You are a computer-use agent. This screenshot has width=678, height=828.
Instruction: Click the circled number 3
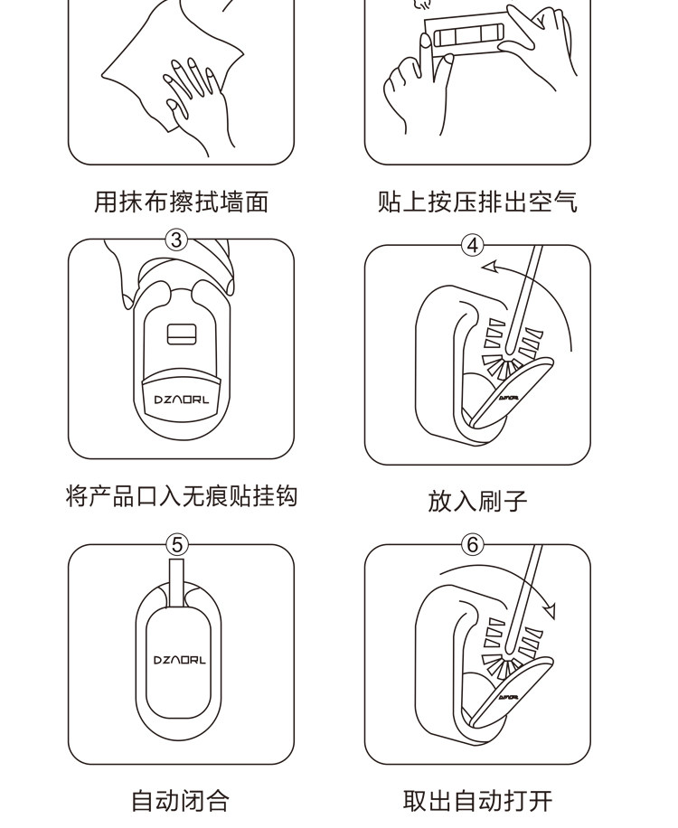click(x=177, y=240)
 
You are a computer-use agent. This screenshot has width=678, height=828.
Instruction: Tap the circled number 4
click(x=473, y=246)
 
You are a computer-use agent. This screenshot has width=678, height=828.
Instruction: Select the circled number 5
click(x=177, y=544)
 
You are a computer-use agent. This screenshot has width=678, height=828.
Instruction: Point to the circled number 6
click(x=473, y=544)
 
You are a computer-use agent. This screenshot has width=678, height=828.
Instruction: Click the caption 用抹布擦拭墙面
click(x=182, y=202)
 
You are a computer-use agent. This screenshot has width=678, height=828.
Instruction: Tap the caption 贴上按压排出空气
click(x=478, y=202)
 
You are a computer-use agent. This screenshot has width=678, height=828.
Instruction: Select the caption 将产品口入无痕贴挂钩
click(x=182, y=496)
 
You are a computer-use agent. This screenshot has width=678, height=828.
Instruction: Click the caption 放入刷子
click(x=478, y=501)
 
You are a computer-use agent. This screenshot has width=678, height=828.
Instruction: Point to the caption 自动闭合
click(x=181, y=801)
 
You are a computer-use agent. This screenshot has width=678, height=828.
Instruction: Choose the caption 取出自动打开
click(x=478, y=801)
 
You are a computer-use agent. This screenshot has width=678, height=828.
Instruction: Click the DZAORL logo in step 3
click(x=181, y=400)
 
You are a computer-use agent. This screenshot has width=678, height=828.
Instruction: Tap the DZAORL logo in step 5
click(x=180, y=660)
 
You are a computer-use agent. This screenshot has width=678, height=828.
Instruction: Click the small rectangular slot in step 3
click(x=182, y=334)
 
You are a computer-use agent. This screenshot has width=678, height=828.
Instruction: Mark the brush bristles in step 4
click(x=511, y=349)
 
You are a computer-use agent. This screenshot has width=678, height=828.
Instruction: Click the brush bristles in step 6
click(x=511, y=648)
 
